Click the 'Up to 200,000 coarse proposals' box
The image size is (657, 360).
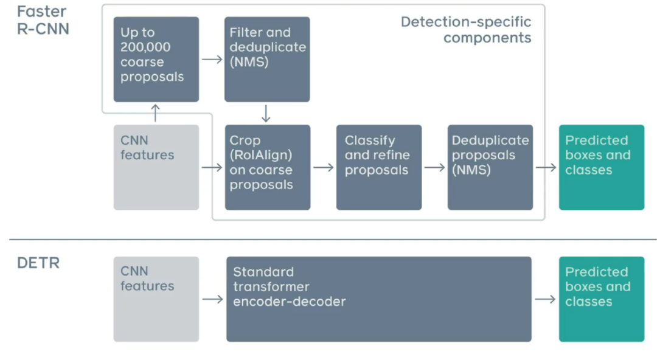(156, 60)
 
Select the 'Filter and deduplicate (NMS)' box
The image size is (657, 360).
(267, 60)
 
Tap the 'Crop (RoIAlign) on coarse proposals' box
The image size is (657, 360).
(268, 167)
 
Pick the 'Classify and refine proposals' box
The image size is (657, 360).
(379, 167)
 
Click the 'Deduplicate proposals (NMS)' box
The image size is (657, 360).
(490, 167)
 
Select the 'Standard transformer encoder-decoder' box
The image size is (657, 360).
(379, 299)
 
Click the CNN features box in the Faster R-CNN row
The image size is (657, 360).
(156, 167)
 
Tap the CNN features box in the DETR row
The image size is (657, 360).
(156, 299)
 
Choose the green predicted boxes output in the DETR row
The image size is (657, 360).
(602, 299)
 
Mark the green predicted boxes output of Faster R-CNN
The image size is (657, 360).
(602, 167)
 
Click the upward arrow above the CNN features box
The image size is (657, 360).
(156, 113)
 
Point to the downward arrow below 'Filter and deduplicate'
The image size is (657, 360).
(266, 113)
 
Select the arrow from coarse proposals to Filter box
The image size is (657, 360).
(212, 60)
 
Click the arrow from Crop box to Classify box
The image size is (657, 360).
(324, 168)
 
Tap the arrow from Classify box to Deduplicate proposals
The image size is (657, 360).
(435, 168)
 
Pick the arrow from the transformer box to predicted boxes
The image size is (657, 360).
(546, 299)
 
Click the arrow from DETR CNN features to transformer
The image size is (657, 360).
(213, 299)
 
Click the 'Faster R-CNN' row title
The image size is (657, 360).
(43, 20)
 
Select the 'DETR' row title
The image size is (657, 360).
(38, 263)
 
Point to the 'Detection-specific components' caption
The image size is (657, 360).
(466, 30)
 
